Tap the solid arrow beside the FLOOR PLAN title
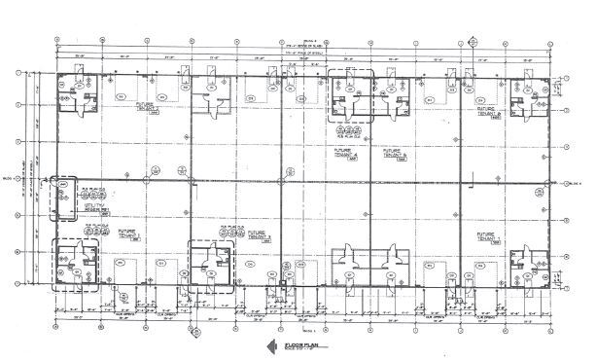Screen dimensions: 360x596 pos(264,345)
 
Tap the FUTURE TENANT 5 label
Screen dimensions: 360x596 pos(395,154)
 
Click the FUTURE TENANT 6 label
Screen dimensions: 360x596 pos(487,112)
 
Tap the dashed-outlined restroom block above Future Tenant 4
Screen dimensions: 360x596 pos(348,95)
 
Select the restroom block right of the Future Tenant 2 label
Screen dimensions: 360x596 pos(208,97)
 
